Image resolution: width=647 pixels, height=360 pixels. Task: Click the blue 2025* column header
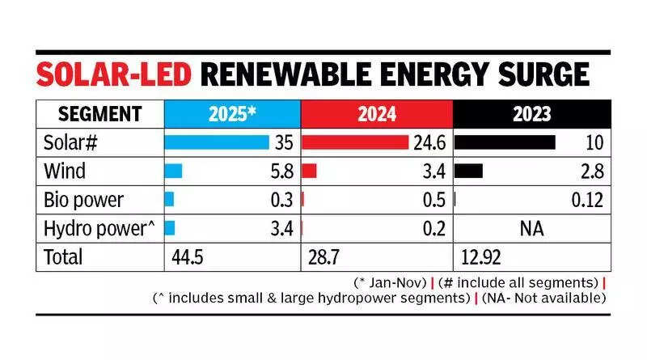pyautogui.click(x=232, y=115)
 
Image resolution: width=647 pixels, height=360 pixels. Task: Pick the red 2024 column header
pyautogui.click(x=376, y=115)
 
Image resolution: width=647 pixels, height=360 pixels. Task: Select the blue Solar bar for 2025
pyautogui.click(x=216, y=143)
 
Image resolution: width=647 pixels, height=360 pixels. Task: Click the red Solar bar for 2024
pyautogui.click(x=354, y=143)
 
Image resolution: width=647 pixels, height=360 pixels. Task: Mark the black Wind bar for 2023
pyautogui.click(x=469, y=172)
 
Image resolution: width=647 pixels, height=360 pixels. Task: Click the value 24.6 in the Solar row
pyautogui.click(x=428, y=143)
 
